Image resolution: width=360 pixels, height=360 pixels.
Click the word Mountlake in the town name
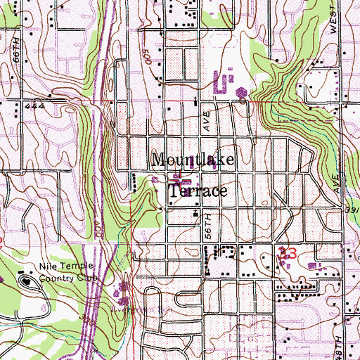click(191, 160)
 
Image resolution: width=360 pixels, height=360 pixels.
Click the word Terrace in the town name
click(198, 191)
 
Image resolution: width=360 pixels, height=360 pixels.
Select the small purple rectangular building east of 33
click(314, 265)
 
